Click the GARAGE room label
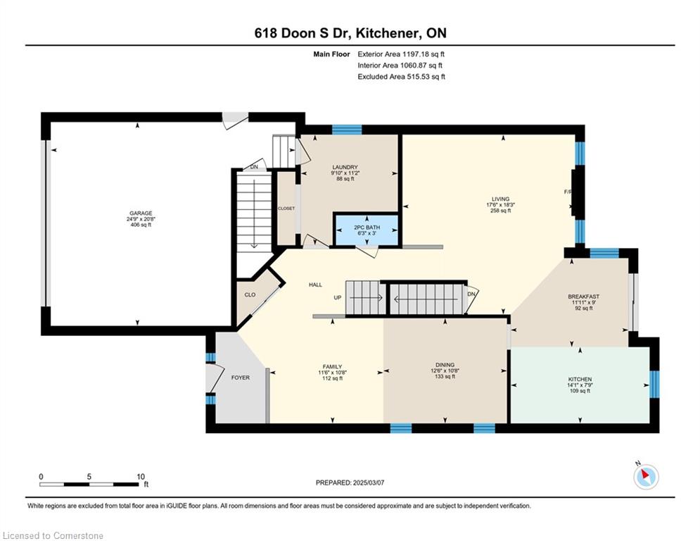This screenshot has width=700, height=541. tap(141, 213)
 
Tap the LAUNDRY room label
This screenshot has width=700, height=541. tap(345, 167)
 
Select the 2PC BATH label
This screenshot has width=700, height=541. tap(367, 228)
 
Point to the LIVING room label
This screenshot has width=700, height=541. tap(500, 199)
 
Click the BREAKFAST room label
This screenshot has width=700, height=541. tap(583, 297)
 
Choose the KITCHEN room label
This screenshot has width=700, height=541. tap(580, 379)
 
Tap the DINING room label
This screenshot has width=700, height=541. tap(445, 365)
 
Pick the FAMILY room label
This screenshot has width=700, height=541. tap(333, 366)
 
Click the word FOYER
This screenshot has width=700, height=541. tap(240, 378)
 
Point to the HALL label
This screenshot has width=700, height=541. tap(315, 285)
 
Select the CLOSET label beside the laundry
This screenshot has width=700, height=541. tap(286, 209)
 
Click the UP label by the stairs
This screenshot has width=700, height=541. tap(338, 298)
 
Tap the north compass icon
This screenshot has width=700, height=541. tap(646, 476)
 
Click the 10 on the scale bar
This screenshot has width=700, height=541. tap(141, 477)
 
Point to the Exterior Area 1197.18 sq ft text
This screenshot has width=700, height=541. tap(401, 54)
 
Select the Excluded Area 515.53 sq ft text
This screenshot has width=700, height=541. tap(401, 77)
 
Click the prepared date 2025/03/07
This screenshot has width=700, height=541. tap(369, 483)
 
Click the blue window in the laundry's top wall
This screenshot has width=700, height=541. tap(347, 130)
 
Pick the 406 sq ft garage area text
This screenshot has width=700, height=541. tap(141, 225)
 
